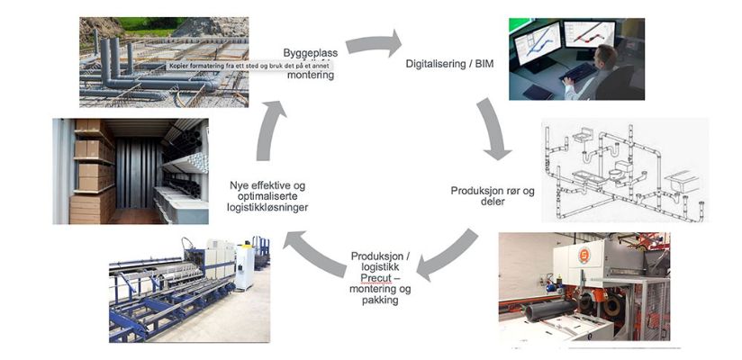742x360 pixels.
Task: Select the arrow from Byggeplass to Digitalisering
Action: [373, 43]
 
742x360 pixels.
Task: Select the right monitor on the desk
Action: [588, 34]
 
